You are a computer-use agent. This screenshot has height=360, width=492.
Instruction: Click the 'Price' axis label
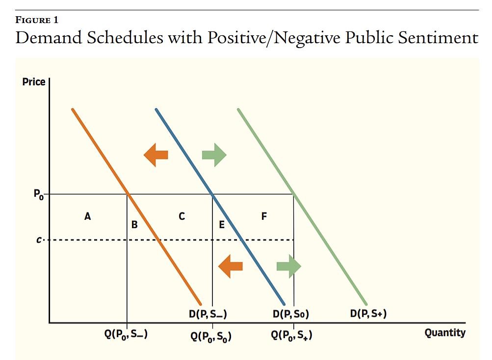point(34,82)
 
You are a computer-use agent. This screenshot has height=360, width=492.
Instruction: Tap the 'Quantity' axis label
point(444,333)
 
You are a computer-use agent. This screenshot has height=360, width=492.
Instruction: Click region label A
point(87,216)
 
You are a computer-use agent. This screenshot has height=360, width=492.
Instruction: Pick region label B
point(134,225)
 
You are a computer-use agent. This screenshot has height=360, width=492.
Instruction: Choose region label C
point(181,216)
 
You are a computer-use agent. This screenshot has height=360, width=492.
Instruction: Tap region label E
point(221,225)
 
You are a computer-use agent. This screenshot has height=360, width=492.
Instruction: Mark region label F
point(264,216)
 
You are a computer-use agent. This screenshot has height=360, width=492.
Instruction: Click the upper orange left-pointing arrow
point(155,155)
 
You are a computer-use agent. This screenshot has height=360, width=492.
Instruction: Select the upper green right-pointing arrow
point(214,155)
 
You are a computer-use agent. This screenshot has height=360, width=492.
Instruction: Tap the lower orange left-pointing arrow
point(230,266)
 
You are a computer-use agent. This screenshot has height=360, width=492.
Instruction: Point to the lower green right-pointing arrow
point(289,266)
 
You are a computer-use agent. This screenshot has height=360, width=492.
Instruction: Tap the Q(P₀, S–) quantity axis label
point(127,335)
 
